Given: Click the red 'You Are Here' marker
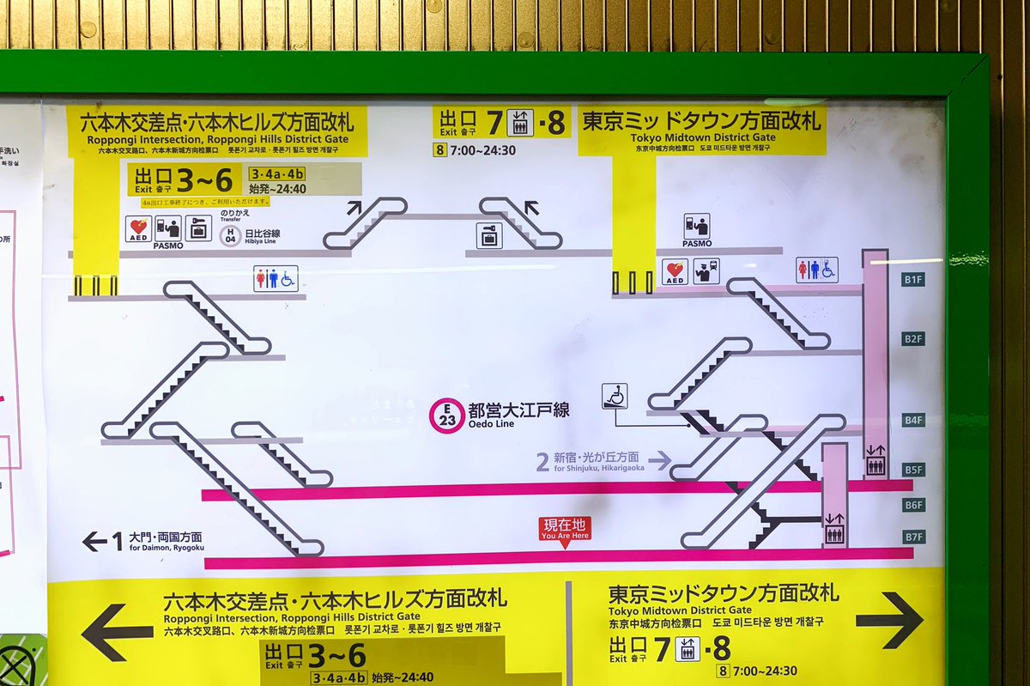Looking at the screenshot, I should [565, 529].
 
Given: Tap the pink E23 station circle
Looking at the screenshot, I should [447, 415].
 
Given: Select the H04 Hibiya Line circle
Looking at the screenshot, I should [229, 236].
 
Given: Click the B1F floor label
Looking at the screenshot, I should [913, 279].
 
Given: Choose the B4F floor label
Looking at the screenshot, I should [913, 420].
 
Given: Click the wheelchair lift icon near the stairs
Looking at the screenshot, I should [615, 396].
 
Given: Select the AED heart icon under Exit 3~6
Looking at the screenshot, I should [138, 228].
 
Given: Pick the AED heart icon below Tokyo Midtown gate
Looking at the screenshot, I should [675, 270].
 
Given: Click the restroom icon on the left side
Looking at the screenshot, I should [276, 278].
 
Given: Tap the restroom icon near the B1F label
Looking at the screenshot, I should [816, 270].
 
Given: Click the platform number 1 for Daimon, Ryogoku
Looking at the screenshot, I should [117, 541].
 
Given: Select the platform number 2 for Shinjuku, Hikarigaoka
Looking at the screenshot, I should [542, 462].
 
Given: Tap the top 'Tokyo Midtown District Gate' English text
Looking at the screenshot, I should [703, 137].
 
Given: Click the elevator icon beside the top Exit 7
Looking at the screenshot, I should [520, 123].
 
